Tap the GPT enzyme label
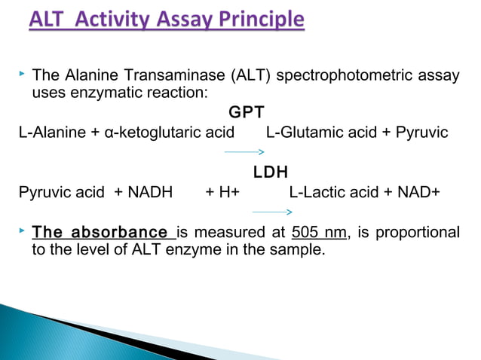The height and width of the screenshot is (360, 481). coord(246,113)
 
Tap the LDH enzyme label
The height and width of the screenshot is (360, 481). coord(271,172)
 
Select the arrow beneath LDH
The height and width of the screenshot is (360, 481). coord(271,212)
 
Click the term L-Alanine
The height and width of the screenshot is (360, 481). coord(51,133)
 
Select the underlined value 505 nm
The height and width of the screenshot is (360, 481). coord(319,232)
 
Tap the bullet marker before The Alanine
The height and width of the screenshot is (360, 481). coord(23,75)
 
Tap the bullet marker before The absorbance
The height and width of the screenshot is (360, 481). coord(23,231)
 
